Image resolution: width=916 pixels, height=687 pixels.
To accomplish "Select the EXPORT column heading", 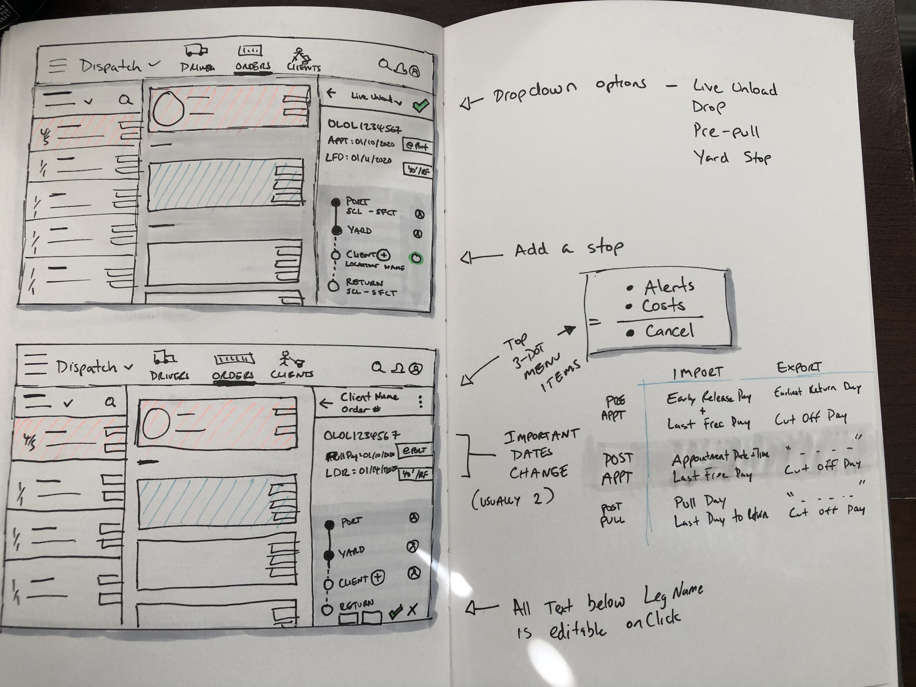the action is [798, 367].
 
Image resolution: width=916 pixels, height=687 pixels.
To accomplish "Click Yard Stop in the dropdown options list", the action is [732, 158].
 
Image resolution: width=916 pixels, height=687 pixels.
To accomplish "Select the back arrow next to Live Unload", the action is [331, 93].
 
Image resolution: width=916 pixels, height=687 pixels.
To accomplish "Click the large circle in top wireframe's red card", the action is [168, 109].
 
